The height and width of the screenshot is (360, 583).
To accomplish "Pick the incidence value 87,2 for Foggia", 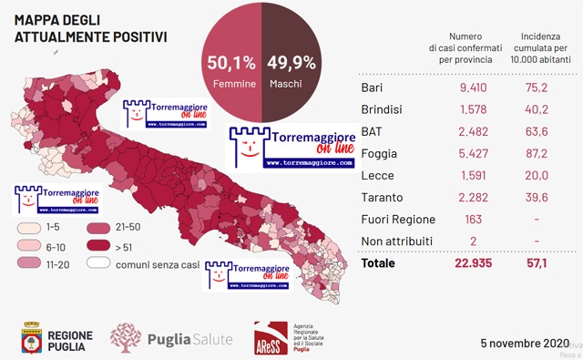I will point(545,154).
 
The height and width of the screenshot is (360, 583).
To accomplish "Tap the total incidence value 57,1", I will point(545,263).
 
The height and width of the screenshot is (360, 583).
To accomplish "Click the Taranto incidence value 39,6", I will point(545,198).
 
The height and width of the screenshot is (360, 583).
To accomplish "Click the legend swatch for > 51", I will point(99,246).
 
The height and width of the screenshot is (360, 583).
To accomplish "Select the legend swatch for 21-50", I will point(99,228).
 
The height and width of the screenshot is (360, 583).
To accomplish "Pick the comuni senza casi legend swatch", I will point(99,263).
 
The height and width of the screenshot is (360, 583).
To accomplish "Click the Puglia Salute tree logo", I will point(126,338).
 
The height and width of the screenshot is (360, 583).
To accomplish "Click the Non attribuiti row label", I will point(397,242).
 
